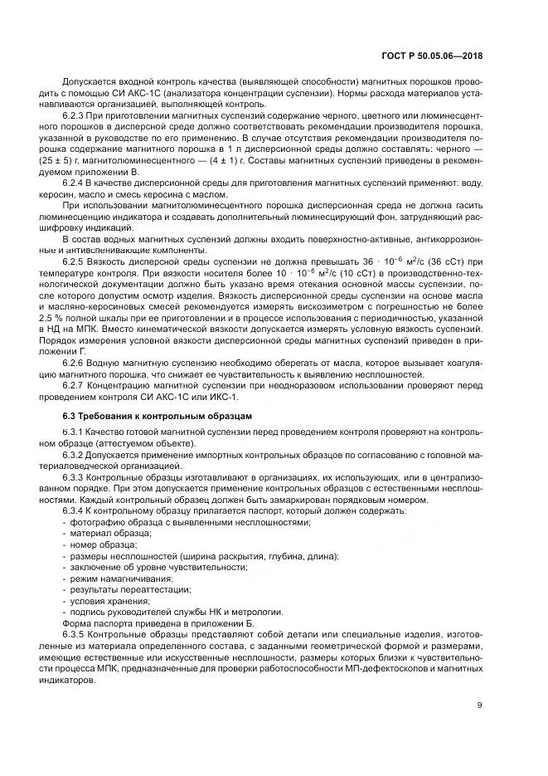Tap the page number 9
coord(480,705)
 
